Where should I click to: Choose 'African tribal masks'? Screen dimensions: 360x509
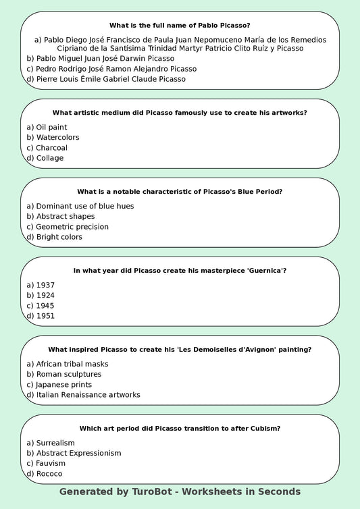click(67, 364)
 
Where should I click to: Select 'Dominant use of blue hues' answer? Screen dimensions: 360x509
click(80, 206)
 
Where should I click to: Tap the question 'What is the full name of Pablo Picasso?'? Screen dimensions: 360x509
click(180, 26)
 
